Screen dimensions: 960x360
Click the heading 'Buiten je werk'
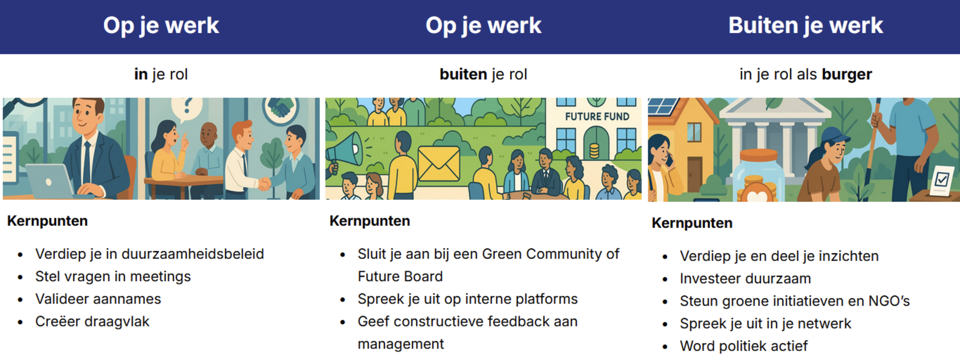[805, 25]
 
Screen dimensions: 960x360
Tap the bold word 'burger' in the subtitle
[847, 74]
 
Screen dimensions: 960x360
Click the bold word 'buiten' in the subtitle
[463, 74]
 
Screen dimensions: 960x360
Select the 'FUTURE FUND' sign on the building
[597, 116]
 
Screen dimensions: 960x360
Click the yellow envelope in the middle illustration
[439, 163]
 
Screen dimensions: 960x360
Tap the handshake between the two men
[265, 184]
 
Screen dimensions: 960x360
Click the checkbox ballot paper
[941, 180]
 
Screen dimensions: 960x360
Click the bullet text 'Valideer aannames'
[98, 299]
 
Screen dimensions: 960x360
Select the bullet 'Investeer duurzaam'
[745, 278]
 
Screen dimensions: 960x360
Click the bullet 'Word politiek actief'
[743, 346]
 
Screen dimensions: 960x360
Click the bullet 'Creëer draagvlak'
[92, 321]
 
